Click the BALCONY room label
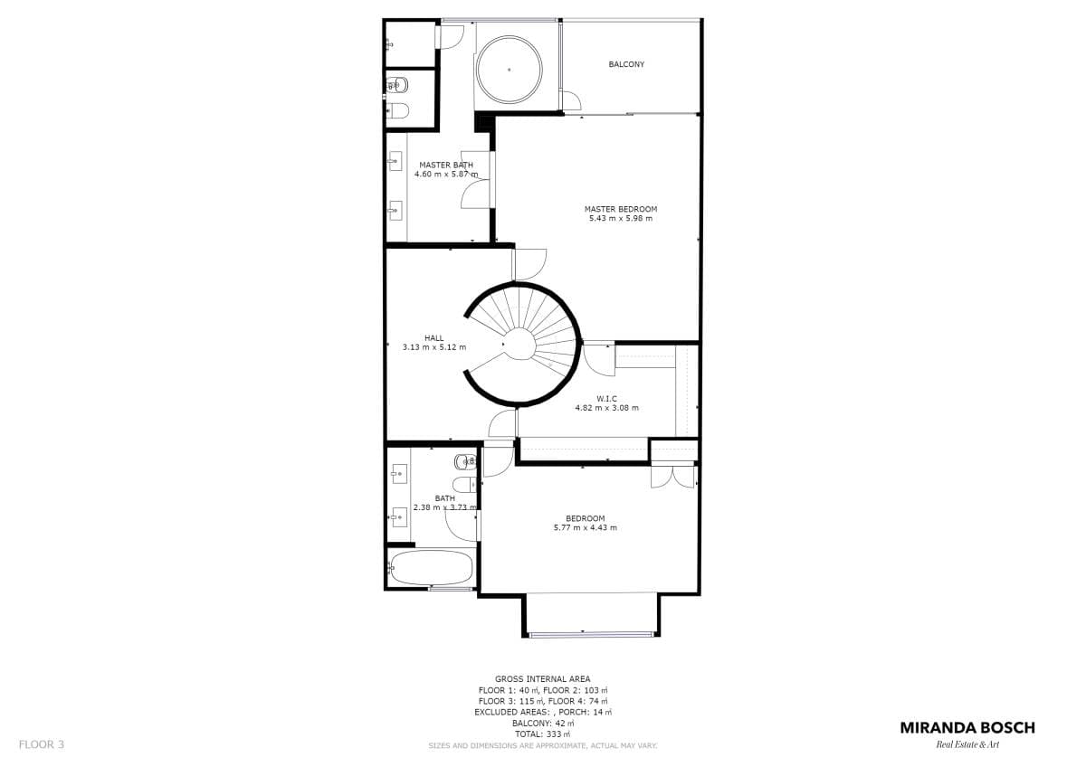(x=626, y=64)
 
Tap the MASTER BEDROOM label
(x=621, y=209)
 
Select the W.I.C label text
(x=606, y=399)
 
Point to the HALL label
(x=433, y=338)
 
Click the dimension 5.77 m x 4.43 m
(x=586, y=527)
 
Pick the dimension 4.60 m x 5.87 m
(x=446, y=174)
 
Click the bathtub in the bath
(x=431, y=568)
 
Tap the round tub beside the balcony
(x=509, y=70)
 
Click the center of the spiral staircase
(x=519, y=344)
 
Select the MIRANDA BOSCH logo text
(x=967, y=728)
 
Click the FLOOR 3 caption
(x=42, y=744)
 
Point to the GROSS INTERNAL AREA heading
(x=542, y=679)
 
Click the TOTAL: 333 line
(x=542, y=734)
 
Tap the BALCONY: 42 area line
(x=543, y=724)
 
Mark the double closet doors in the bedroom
(x=673, y=477)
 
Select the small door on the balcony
(x=571, y=100)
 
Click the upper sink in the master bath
(x=395, y=161)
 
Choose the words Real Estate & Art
(x=967, y=745)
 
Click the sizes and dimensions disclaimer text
(x=542, y=745)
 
